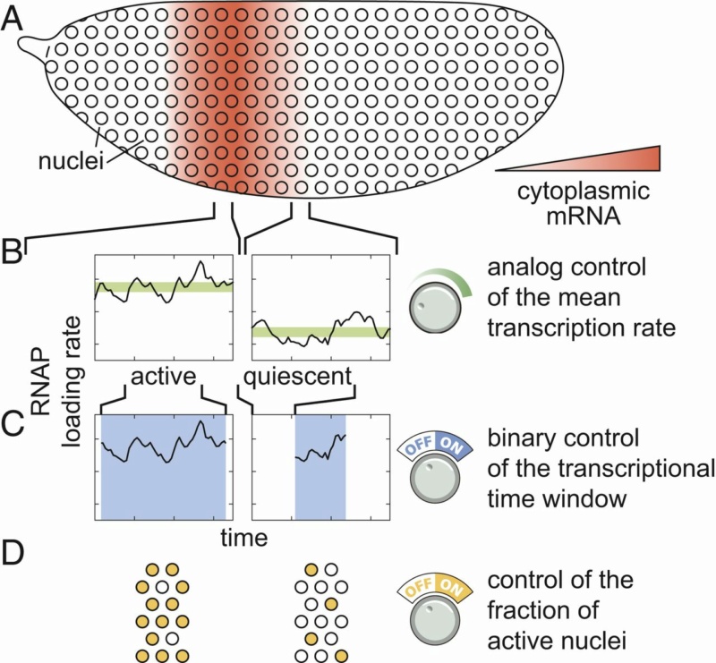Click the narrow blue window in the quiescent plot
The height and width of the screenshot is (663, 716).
point(320,468)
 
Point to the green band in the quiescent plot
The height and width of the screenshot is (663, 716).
point(320,332)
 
